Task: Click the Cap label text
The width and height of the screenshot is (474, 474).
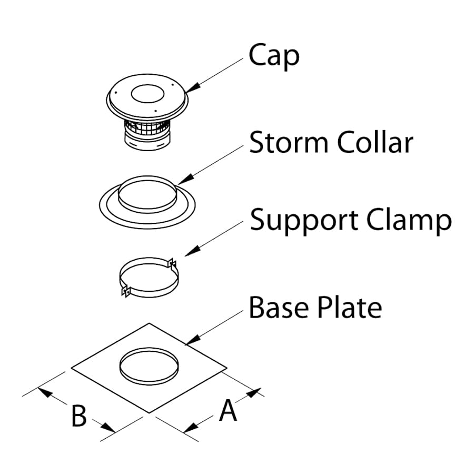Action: click(x=274, y=56)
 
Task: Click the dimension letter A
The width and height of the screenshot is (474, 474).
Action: click(x=228, y=411)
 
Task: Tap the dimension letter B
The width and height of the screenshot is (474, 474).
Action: click(x=79, y=416)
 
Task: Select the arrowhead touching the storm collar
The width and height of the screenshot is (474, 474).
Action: click(x=182, y=182)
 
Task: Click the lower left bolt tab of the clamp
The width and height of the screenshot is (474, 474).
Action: click(x=125, y=291)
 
